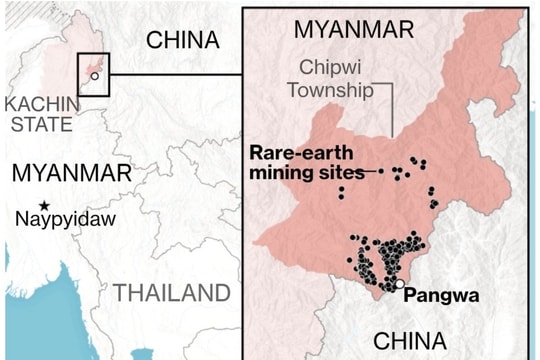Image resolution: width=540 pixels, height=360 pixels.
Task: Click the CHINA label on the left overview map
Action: (181, 39)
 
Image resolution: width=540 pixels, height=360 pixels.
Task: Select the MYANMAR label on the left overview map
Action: (71, 172)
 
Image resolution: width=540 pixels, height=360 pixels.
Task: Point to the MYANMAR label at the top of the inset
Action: (353, 28)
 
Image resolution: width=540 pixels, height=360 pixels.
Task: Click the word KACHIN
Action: (40, 104)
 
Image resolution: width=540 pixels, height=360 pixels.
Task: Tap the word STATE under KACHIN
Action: (40, 124)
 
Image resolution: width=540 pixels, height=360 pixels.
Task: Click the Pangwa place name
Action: (444, 296)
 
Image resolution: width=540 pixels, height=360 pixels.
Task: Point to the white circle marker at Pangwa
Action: (400, 286)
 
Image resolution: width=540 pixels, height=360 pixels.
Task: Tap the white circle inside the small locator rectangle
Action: (94, 76)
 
